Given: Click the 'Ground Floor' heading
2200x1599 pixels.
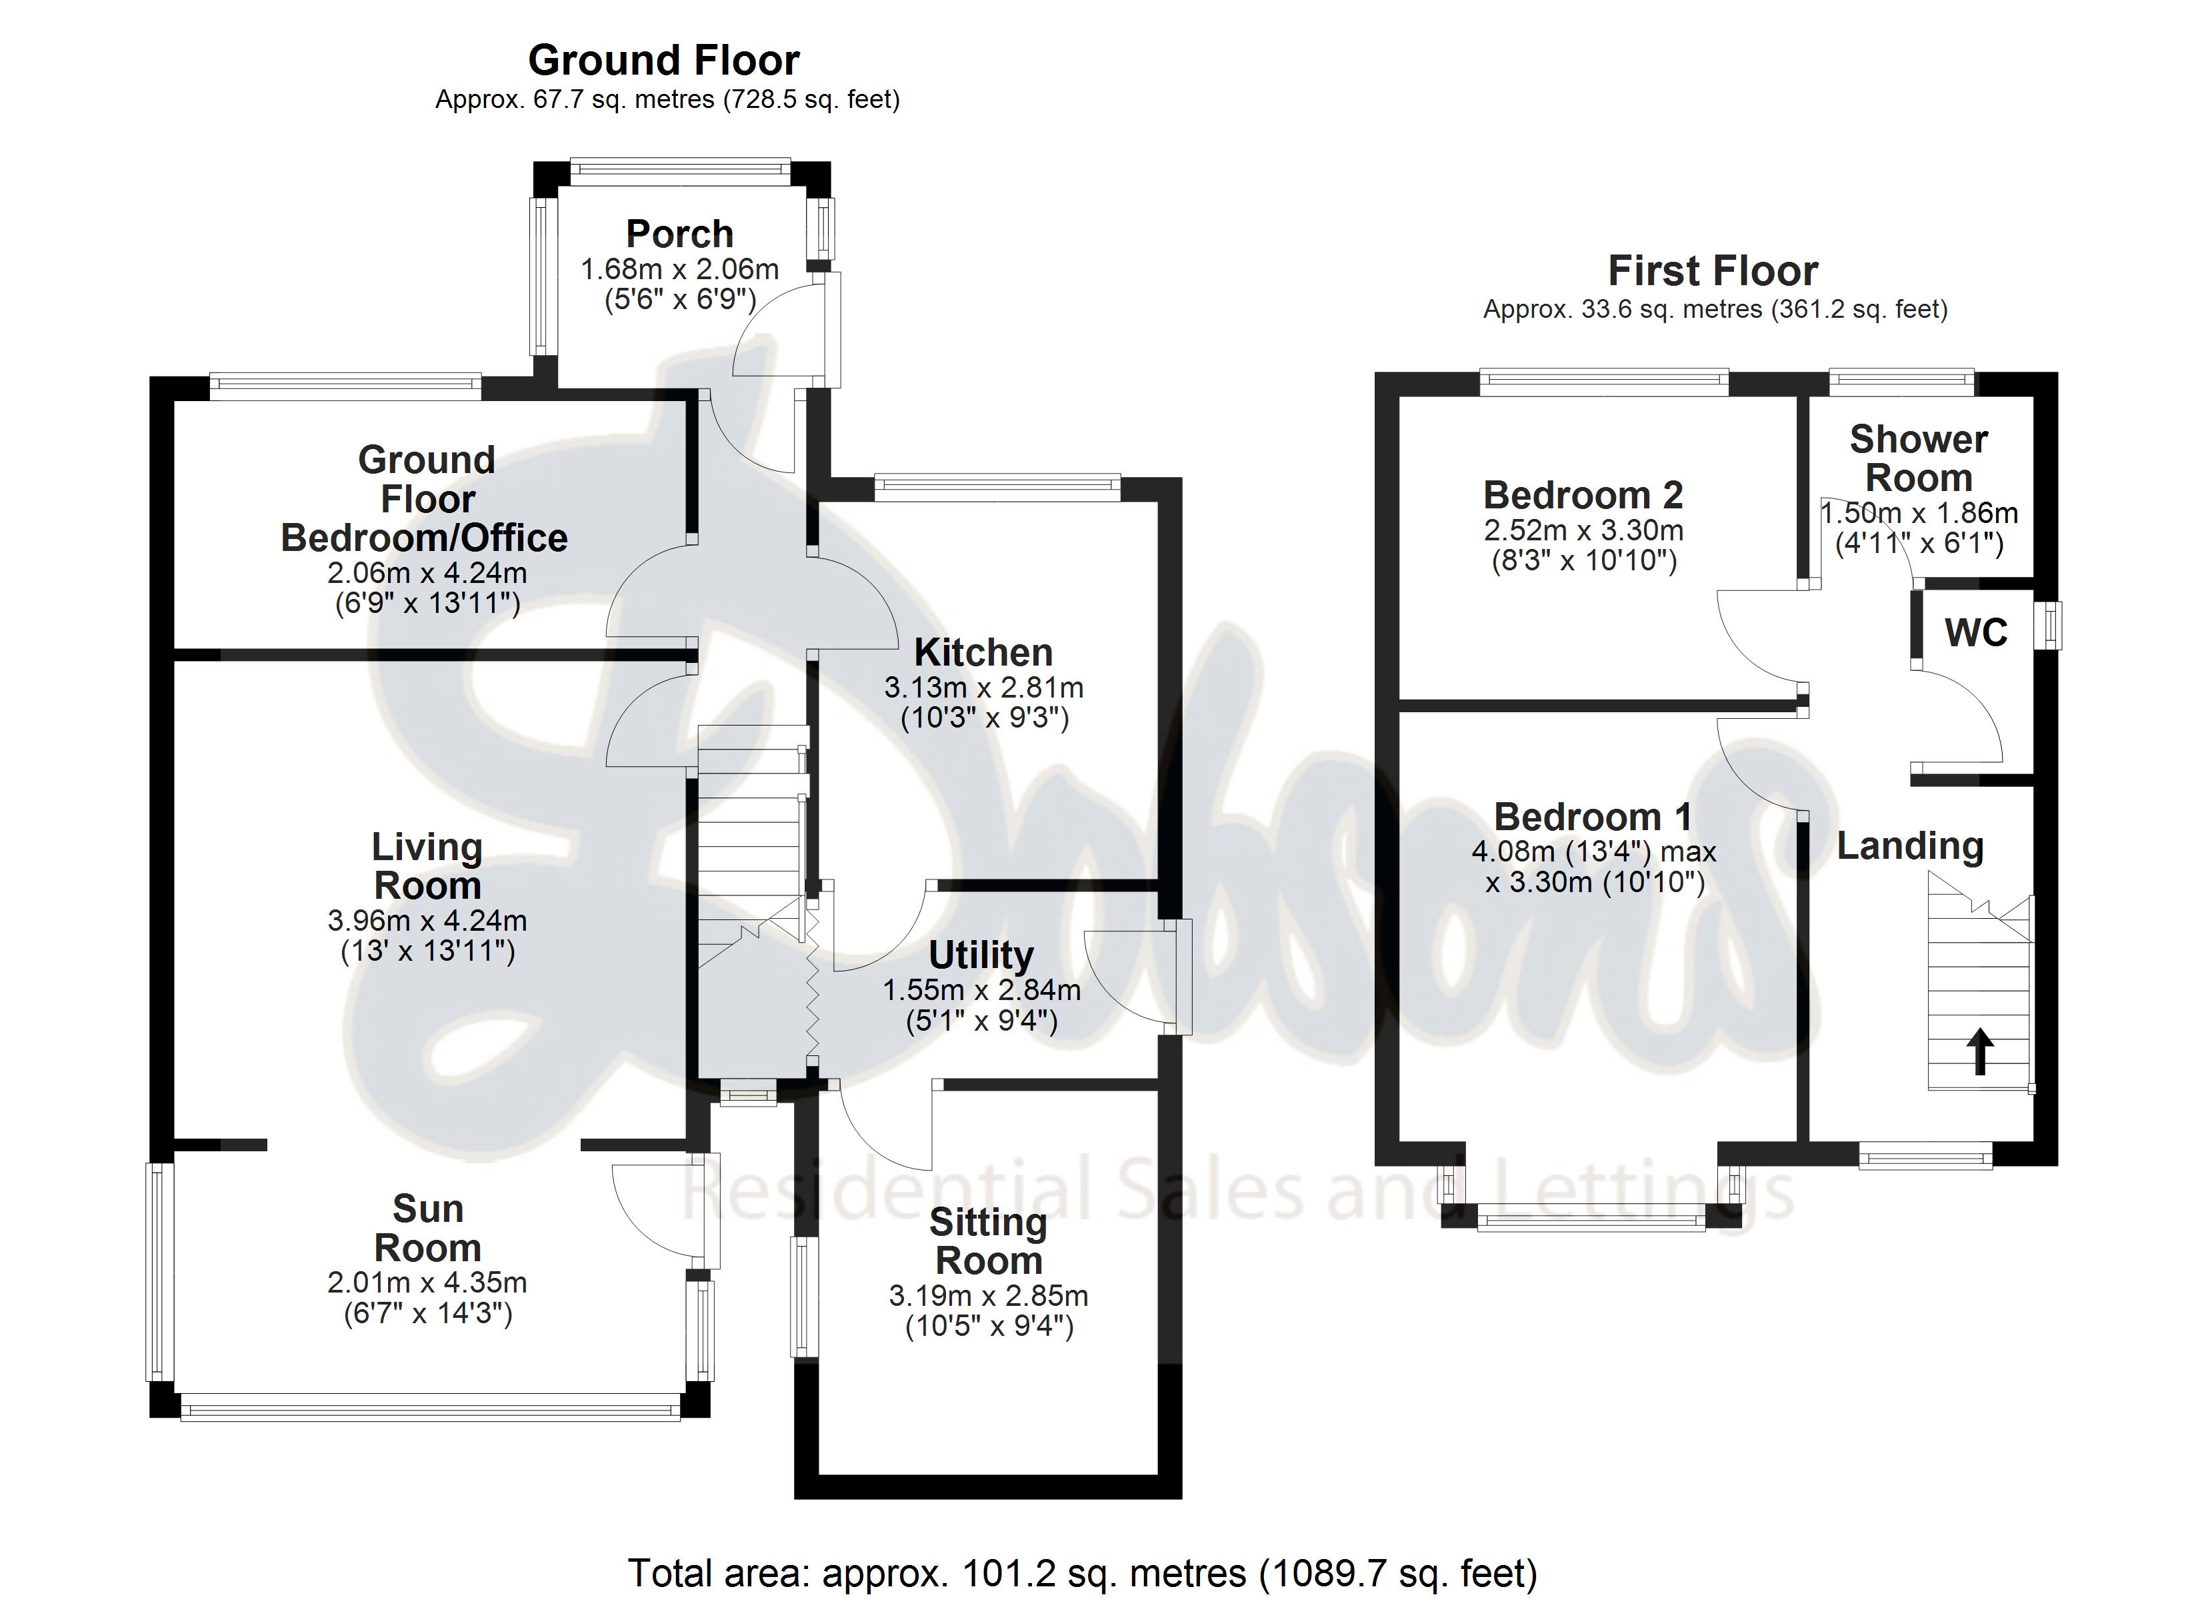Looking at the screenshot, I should coord(663,60).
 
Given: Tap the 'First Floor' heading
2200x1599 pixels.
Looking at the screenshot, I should coord(1713,270).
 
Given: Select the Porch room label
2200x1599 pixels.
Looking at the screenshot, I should coord(679,234).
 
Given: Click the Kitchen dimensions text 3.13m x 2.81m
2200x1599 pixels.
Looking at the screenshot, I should coord(983,688).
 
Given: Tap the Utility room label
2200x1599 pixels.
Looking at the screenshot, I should coord(981,955).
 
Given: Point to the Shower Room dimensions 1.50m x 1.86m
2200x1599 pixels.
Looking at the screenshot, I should coord(1919,513).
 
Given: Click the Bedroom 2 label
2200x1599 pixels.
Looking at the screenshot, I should coord(1583,496).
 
